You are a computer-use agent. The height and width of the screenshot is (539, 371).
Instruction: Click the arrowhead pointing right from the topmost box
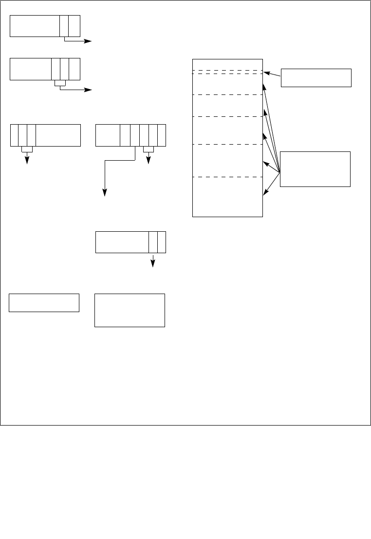click(x=89, y=41)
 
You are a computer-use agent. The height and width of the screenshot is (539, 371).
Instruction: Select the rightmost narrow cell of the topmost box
click(x=74, y=26)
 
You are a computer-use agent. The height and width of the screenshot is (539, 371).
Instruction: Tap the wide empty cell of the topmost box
click(x=35, y=26)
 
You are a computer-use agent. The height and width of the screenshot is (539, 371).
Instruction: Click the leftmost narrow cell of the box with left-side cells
click(x=14, y=135)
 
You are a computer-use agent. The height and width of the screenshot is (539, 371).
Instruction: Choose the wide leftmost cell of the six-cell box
click(x=108, y=135)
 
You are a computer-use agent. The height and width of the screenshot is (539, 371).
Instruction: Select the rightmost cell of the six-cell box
click(x=162, y=135)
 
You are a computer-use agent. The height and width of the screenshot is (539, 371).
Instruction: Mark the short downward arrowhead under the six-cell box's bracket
click(x=148, y=162)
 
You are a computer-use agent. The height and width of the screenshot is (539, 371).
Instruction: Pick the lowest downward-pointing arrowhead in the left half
click(x=153, y=264)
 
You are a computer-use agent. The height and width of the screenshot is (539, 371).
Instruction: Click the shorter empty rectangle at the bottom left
click(x=44, y=302)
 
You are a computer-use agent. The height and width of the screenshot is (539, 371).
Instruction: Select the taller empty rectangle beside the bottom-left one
click(x=130, y=310)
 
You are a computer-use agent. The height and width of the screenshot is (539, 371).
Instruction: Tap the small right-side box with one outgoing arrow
click(x=316, y=78)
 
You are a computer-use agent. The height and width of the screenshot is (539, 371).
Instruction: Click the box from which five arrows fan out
click(x=315, y=169)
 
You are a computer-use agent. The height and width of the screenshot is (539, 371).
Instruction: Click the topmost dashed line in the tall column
click(x=227, y=70)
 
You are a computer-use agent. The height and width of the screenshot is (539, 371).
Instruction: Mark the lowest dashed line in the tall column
click(x=227, y=177)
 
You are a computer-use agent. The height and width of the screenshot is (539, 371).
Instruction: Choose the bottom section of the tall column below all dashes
click(x=227, y=197)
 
